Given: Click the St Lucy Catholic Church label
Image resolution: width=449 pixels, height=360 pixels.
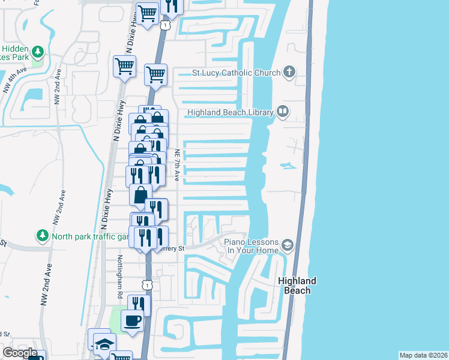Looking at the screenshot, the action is (236, 73).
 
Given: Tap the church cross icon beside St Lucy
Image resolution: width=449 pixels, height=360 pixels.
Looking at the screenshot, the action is (289, 73).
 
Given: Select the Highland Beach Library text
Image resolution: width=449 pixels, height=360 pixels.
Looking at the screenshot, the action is (231, 112).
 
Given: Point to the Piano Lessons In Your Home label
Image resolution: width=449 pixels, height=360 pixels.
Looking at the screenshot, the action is (252, 246).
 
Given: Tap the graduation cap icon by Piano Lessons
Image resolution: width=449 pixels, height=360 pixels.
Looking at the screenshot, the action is (287, 245).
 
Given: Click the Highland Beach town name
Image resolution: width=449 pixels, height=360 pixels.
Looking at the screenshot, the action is (297, 286).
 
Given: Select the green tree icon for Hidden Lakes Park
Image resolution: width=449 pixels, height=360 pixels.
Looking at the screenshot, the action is (38, 52).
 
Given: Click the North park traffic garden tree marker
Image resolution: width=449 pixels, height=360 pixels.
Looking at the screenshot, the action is (43, 236).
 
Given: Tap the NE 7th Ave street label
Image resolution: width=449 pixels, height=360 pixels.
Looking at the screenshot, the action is (177, 165).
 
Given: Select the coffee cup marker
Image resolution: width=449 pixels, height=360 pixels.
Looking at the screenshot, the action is (132, 320).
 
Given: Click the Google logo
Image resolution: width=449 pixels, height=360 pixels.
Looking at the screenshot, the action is (20, 352).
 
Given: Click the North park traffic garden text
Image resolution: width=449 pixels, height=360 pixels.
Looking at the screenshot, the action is (90, 236).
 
